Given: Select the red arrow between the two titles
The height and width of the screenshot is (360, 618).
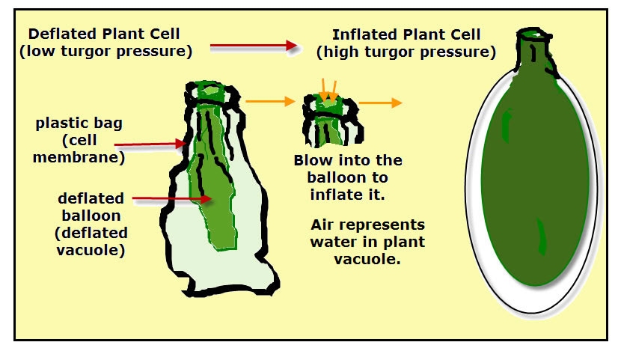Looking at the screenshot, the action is tap(254, 46).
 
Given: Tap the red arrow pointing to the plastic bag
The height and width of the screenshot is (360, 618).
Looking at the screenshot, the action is tap(150, 144).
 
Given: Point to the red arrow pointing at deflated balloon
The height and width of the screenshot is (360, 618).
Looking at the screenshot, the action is tap(172, 199).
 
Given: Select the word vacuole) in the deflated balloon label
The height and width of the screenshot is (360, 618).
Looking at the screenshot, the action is tap(91, 251).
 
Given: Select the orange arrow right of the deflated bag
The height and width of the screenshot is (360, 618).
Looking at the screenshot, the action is tap(270, 101).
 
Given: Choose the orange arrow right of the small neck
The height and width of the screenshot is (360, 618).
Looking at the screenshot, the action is tap(380, 103).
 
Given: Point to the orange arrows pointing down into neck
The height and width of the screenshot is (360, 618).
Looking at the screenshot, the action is tap(328, 91).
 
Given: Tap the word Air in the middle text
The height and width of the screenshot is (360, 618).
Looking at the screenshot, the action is tap(322, 225).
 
